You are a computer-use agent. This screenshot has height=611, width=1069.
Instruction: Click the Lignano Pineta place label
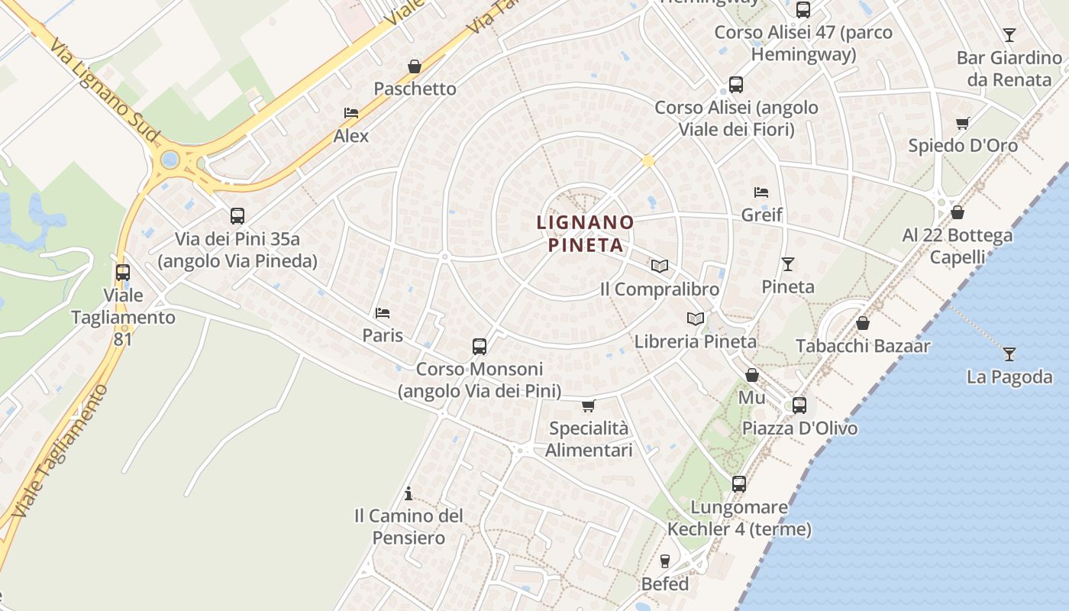click(x=585, y=234)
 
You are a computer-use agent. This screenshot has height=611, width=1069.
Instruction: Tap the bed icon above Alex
click(x=351, y=113)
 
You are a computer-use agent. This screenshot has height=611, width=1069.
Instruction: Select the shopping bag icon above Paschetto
click(x=415, y=66)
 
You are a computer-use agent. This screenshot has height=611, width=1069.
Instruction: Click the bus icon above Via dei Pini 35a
click(x=237, y=216)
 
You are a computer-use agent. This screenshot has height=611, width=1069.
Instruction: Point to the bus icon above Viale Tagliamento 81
click(x=123, y=272)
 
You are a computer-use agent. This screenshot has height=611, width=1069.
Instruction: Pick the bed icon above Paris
click(x=383, y=313)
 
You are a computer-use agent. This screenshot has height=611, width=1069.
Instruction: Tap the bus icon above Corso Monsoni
click(x=480, y=347)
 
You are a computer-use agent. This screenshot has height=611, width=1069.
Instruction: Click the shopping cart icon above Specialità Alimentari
click(x=588, y=406)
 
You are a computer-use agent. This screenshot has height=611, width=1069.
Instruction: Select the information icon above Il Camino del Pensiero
click(x=409, y=493)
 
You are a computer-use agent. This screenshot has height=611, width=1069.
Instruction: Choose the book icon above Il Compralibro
click(x=660, y=267)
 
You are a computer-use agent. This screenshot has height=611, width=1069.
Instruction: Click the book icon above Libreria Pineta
click(x=696, y=318)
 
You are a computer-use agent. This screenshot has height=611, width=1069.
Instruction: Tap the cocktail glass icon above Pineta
click(x=788, y=264)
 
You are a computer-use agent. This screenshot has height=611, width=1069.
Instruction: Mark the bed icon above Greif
click(x=761, y=192)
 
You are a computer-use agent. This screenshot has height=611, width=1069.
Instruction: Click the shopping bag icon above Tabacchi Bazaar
click(x=863, y=323)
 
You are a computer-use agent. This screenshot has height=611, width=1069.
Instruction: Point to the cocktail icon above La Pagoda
click(x=1009, y=354)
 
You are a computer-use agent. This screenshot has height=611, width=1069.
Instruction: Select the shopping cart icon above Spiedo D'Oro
click(x=963, y=123)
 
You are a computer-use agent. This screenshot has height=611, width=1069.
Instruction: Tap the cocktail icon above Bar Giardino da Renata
click(x=1009, y=35)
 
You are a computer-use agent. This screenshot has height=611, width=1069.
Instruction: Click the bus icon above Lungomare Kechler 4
click(x=738, y=483)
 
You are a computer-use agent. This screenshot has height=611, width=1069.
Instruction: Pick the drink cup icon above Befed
click(x=664, y=561)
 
